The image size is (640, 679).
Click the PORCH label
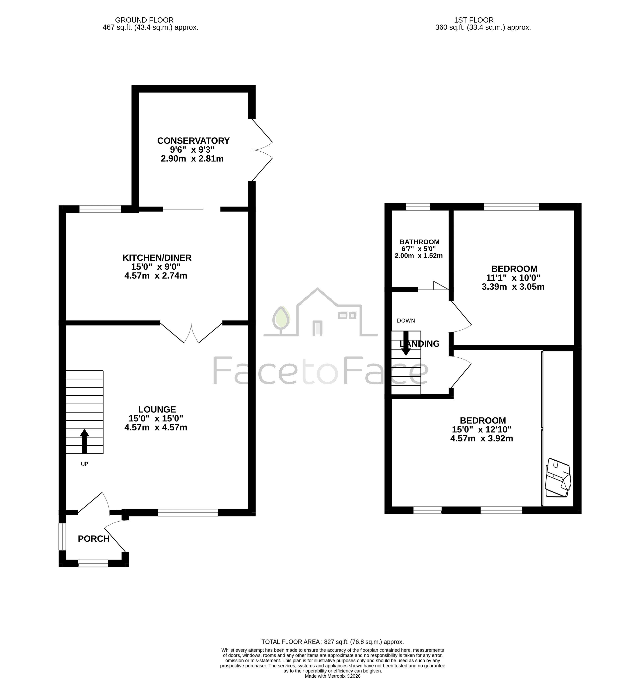94,539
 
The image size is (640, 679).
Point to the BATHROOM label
420,242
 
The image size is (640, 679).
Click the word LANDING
420,344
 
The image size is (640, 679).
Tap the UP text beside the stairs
84,464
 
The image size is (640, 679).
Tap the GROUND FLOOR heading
144,20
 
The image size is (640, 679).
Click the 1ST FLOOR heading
474,20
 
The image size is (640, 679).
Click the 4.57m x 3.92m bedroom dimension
481,439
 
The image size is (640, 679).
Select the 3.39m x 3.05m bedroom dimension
513,287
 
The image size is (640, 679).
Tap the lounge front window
188,512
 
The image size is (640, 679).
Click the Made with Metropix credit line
333,676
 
